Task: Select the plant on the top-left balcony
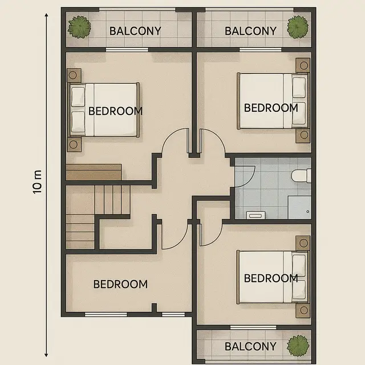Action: click(79, 27)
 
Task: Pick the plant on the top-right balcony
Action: click(297, 27)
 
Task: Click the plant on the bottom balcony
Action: click(297, 344)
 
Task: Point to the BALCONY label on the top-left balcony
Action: click(135, 31)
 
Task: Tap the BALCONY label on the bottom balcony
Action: click(250, 346)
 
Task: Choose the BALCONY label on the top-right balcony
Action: click(250, 31)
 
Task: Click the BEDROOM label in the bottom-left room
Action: click(120, 284)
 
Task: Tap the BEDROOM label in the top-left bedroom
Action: click(115, 111)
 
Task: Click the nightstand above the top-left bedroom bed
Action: click(74, 75)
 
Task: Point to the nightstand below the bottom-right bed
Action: click(302, 310)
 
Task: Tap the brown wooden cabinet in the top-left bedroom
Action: click(94, 172)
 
